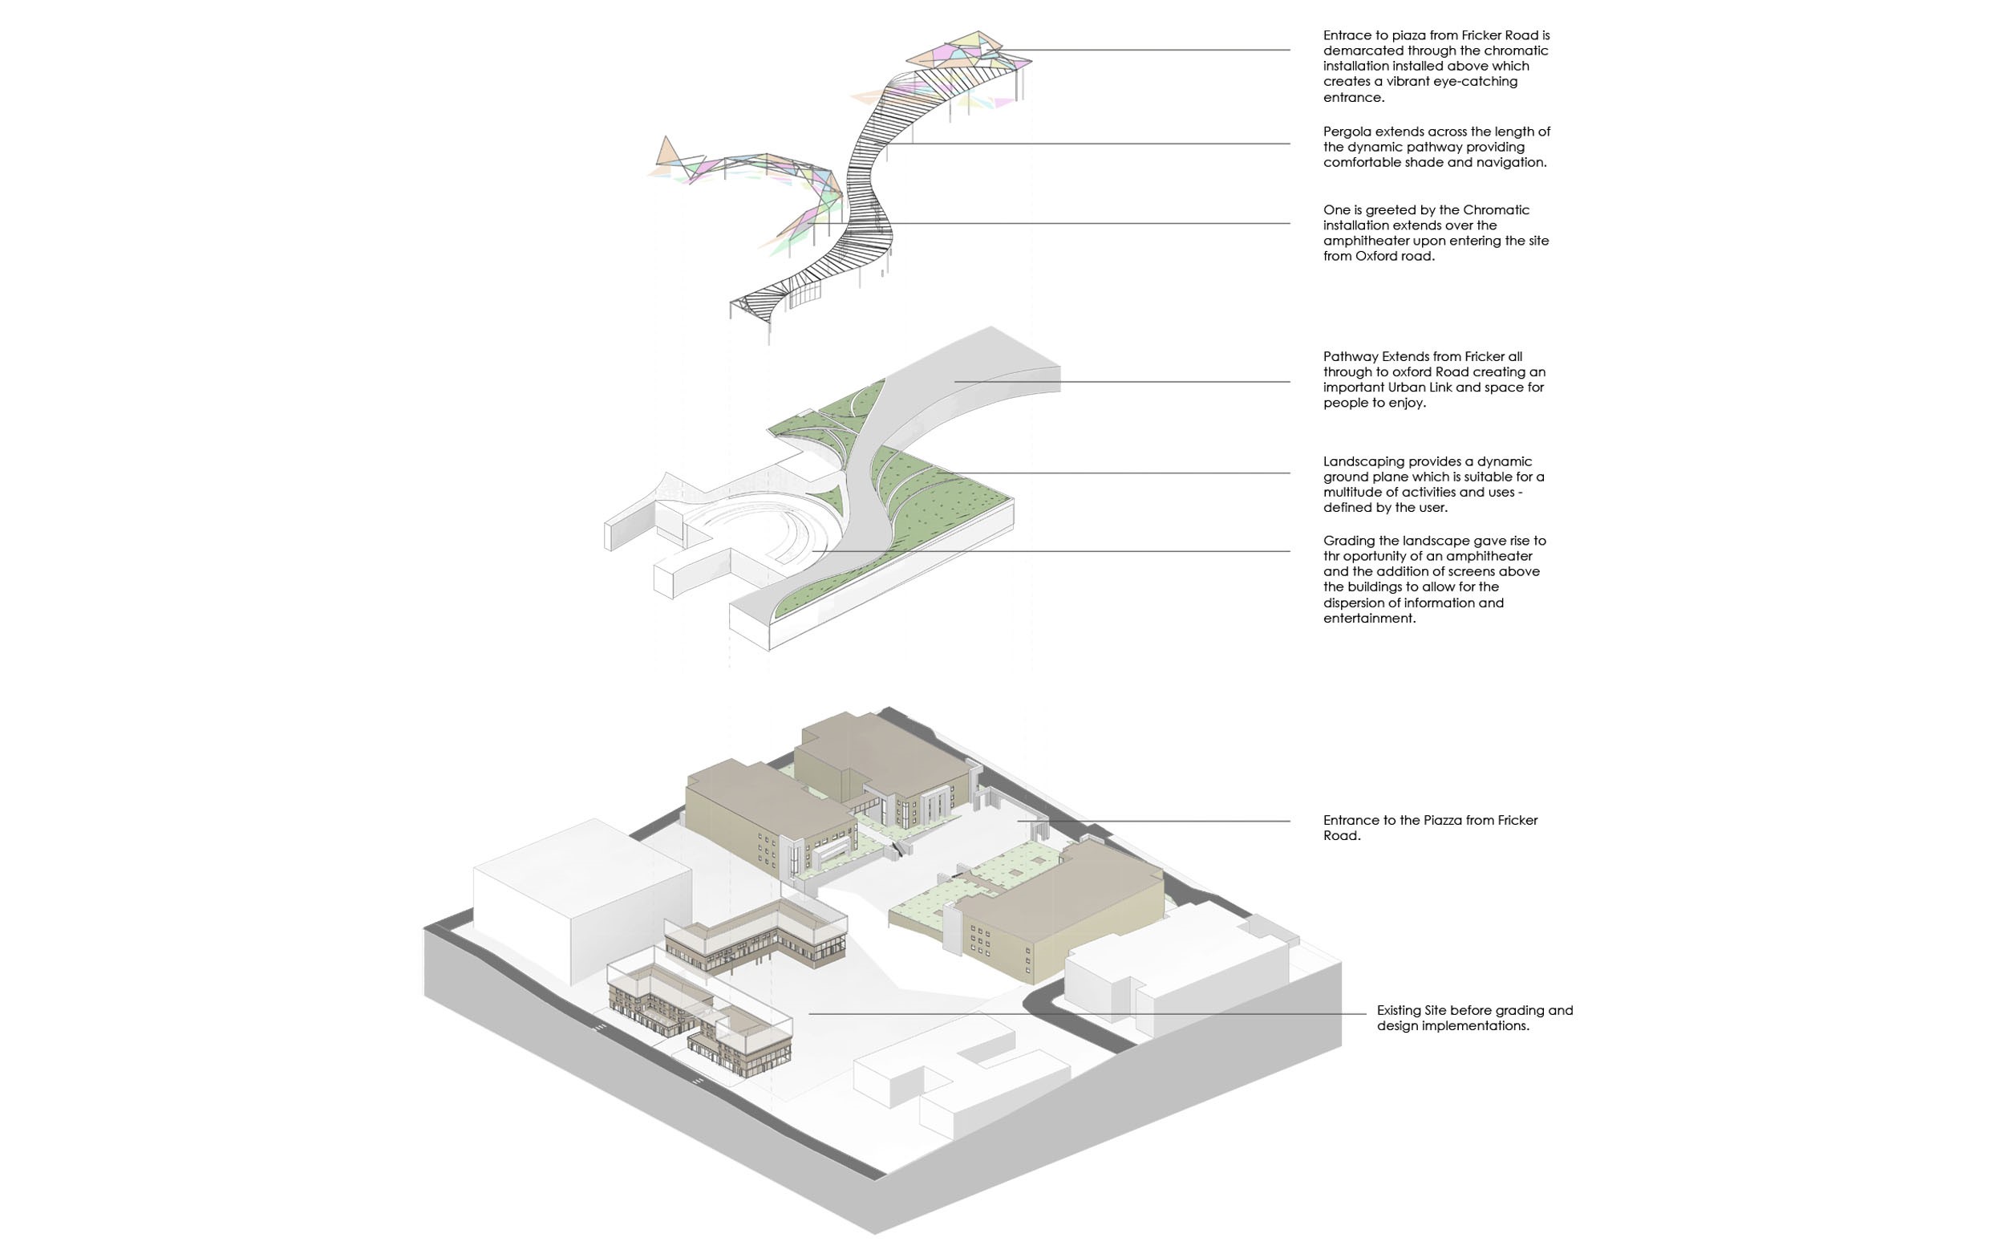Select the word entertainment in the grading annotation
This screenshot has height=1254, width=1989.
tap(1369, 619)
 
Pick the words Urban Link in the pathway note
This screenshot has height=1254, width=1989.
tap(1424, 388)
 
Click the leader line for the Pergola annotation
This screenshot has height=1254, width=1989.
tap(1099, 144)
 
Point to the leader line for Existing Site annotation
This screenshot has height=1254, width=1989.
tap(1074, 1013)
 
